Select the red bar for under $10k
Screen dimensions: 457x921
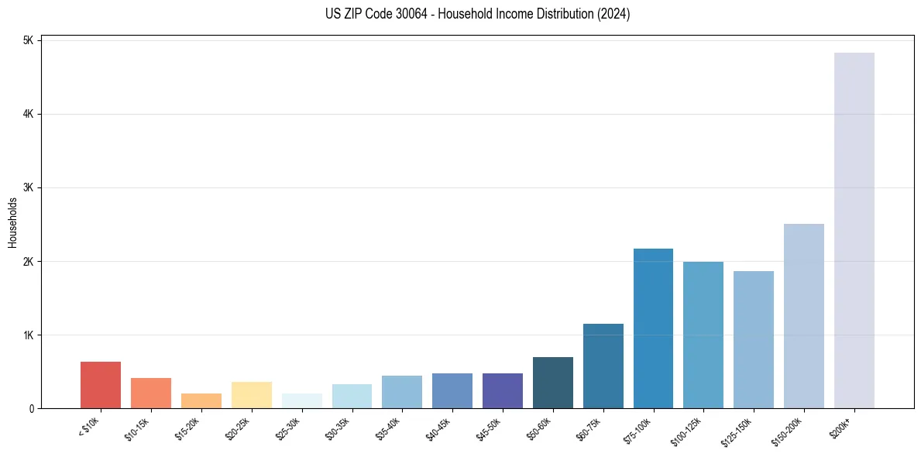[100, 385]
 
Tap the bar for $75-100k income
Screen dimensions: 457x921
[653, 328]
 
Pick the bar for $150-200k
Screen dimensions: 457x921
[803, 316]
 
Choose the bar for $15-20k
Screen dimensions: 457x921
[201, 401]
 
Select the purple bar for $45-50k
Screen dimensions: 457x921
[502, 391]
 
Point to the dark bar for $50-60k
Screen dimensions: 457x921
[552, 383]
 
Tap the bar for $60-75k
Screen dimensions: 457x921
[603, 366]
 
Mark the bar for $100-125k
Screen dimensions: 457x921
[703, 335]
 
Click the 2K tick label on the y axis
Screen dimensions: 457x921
[28, 262]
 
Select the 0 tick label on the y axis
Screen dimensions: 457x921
[32, 409]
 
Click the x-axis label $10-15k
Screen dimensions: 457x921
[139, 428]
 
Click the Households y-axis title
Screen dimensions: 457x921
[13, 222]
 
